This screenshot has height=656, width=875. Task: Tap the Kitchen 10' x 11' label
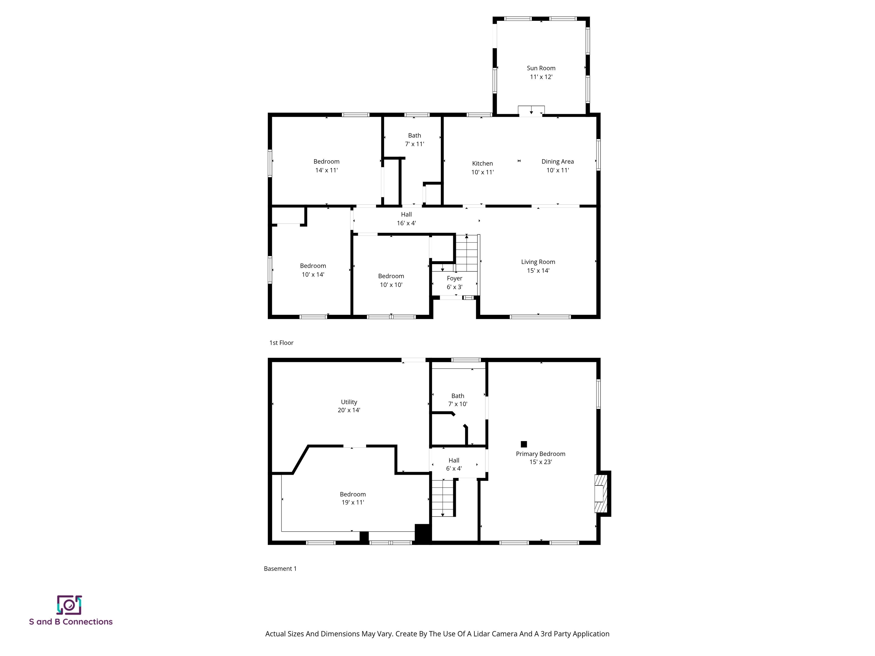[x=482, y=168]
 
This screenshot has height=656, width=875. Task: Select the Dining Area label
[x=557, y=161]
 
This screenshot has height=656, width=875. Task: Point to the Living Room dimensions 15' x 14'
[x=538, y=270]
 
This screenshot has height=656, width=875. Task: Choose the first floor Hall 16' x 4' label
[x=406, y=219]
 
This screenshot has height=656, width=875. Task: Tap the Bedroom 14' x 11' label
[x=326, y=166]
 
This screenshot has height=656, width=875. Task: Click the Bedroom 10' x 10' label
[x=391, y=280]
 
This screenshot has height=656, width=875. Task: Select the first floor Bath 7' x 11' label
[x=414, y=140]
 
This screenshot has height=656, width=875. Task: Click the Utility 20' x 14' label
[x=349, y=406]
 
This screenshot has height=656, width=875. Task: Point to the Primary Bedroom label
[x=540, y=454]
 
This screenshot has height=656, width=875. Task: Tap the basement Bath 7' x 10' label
[x=458, y=400]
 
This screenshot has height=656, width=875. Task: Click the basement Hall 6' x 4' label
[x=454, y=464]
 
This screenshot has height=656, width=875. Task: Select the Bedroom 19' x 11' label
[x=352, y=498]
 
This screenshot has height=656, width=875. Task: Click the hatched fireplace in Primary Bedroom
[x=600, y=493]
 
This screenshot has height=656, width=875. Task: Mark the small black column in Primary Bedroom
[x=524, y=444]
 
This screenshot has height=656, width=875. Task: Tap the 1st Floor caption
[x=281, y=343]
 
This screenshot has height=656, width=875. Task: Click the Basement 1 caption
[x=280, y=569]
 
